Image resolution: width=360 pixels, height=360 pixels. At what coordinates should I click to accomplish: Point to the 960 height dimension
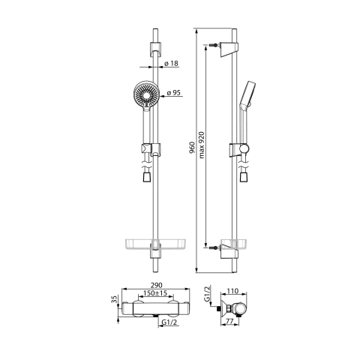point(193,147)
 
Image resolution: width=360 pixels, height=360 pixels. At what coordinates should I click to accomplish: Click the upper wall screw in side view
point(216,46)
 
